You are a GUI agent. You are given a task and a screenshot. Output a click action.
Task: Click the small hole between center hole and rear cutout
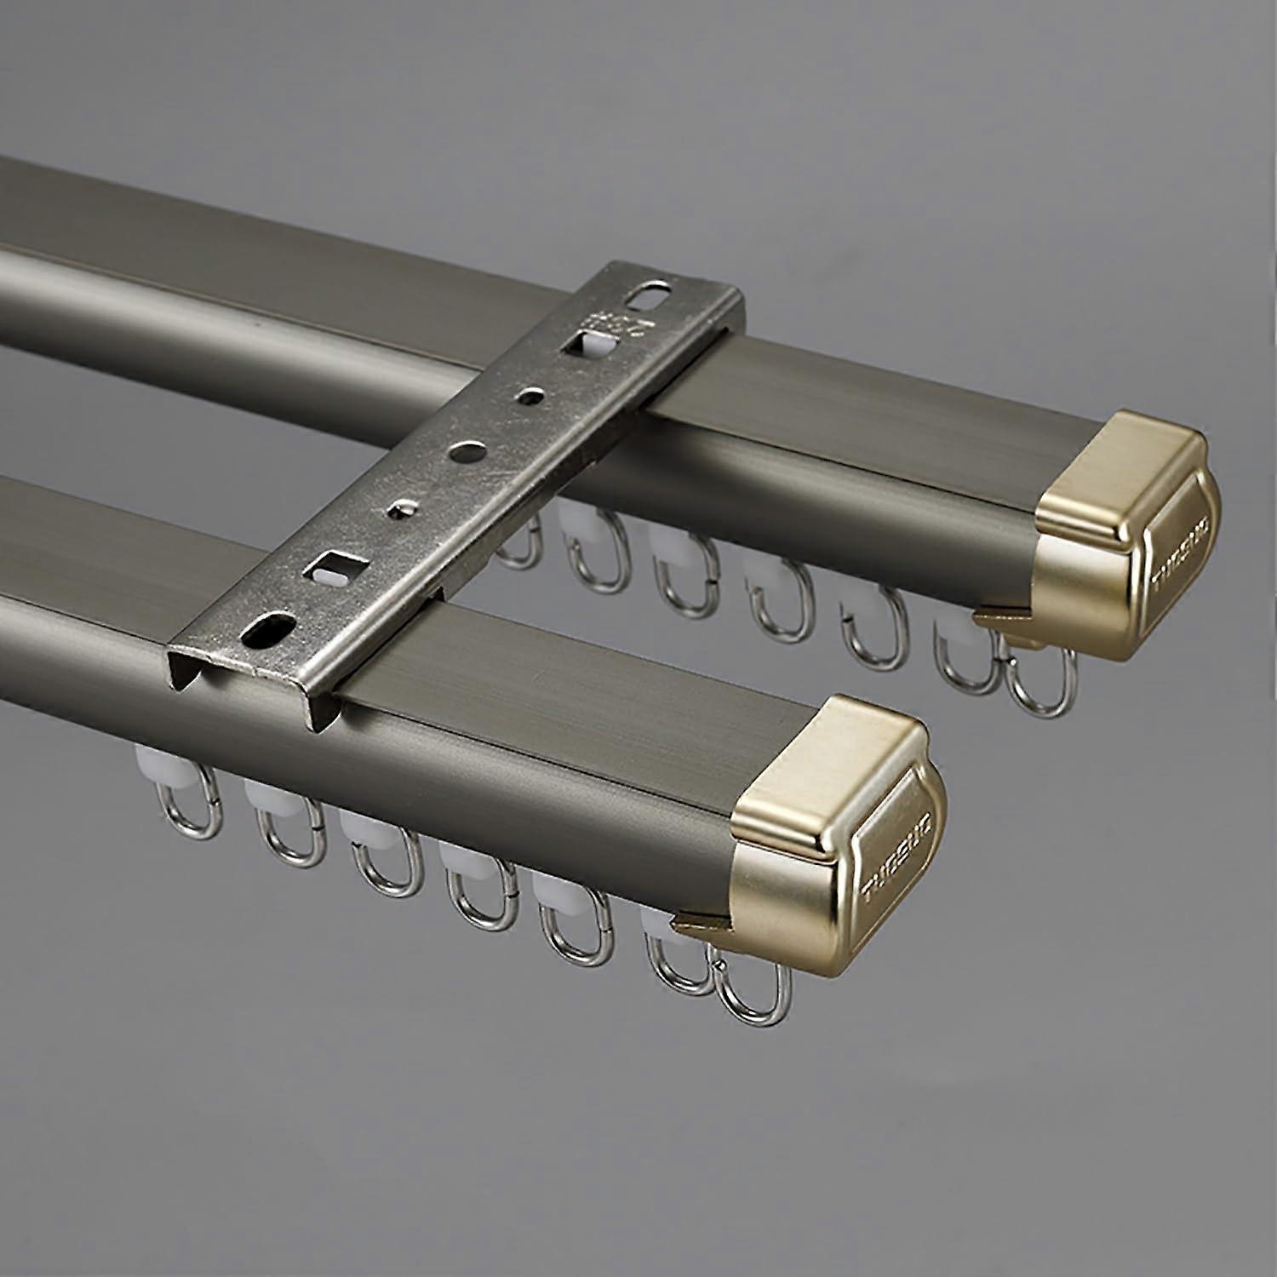coord(531,395)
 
